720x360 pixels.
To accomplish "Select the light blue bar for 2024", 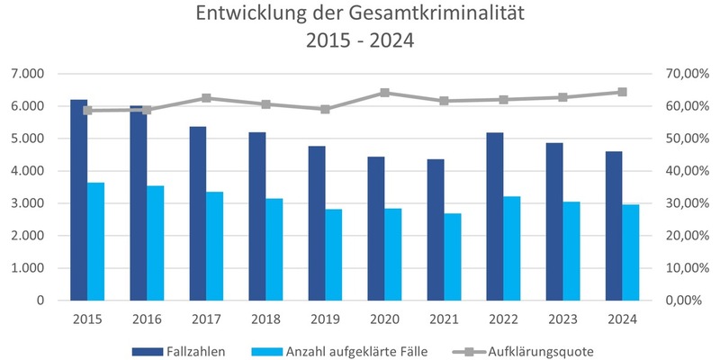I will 631,252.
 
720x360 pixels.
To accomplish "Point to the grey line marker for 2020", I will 385,93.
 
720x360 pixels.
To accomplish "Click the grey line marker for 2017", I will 206,98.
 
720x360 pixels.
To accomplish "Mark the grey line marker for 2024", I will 622,92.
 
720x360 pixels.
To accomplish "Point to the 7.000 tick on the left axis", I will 28,74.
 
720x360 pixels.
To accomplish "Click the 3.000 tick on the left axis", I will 28,203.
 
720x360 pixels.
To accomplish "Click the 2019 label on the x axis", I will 325,319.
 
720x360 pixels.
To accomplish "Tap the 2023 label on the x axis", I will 562,319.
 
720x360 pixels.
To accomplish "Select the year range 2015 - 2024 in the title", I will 360,42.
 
